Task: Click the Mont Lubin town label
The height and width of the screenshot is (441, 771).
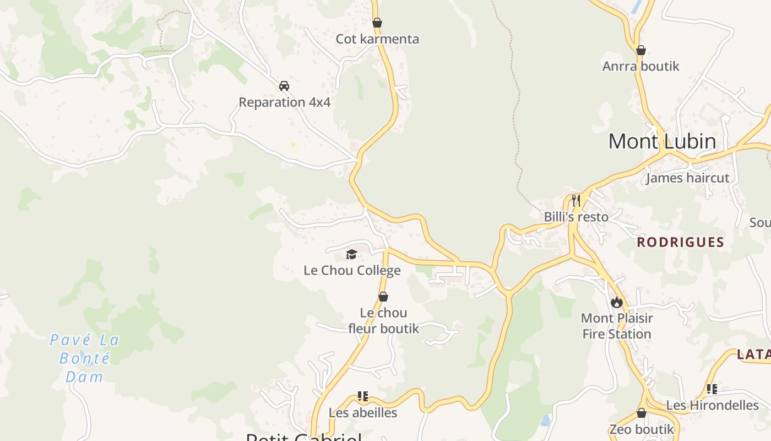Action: (662, 142)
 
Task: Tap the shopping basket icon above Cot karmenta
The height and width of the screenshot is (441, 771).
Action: (377, 23)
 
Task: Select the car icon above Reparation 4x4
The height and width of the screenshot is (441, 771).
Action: (284, 85)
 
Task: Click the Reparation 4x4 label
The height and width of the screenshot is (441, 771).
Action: (284, 102)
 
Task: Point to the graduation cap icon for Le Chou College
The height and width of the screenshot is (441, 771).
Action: (351, 254)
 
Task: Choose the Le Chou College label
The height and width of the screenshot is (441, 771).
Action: (352, 271)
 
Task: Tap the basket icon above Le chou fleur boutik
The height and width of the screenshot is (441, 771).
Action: (383, 297)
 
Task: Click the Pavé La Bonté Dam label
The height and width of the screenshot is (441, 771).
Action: (85, 358)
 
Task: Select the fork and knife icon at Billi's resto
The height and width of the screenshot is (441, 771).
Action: (576, 200)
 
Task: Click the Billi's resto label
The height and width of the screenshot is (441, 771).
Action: (576, 217)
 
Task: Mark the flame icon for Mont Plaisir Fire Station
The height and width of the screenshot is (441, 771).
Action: (616, 302)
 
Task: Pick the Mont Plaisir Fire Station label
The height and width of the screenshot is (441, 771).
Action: (617, 326)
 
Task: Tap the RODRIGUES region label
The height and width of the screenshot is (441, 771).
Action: (680, 242)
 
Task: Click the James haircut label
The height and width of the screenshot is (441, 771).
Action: (687, 178)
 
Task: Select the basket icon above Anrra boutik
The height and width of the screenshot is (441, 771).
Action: (641, 50)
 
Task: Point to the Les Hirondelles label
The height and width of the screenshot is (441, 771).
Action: (712, 405)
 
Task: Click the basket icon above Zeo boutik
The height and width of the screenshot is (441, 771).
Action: (642, 413)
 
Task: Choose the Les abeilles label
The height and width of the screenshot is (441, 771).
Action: (363, 412)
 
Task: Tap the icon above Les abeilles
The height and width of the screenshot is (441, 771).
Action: (363, 396)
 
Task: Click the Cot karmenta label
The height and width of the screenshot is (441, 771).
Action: (377, 39)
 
